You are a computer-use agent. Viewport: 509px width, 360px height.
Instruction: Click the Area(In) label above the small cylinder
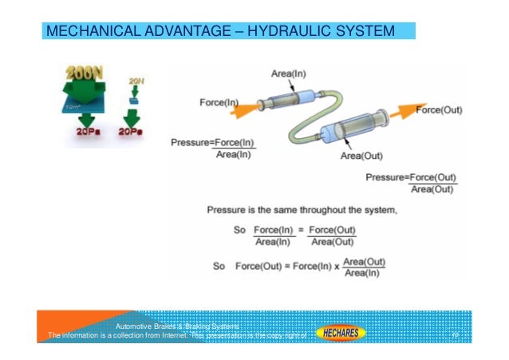pos(288,74)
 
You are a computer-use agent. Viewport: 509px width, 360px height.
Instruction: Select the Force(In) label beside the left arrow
pos(219,102)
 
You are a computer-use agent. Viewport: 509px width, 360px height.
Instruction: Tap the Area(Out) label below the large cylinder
pos(362,156)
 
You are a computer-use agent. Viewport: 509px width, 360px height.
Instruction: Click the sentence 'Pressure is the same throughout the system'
pos(302,211)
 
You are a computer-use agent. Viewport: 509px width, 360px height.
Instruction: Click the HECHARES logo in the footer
pos(341,332)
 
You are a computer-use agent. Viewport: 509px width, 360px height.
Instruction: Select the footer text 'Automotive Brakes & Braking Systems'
pos(177,326)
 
